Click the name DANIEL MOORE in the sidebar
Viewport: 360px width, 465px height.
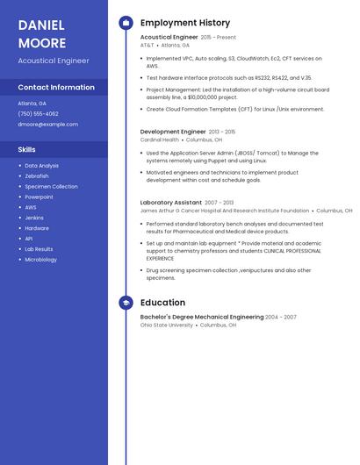click(42, 33)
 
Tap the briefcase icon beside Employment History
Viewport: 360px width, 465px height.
click(126, 23)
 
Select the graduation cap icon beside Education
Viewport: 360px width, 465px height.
click(126, 303)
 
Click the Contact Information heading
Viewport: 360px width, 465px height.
click(56, 88)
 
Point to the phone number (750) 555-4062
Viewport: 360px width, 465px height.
click(38, 114)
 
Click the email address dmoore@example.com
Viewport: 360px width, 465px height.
click(47, 125)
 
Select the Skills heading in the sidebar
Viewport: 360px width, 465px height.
click(26, 149)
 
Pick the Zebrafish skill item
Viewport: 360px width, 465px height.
click(37, 176)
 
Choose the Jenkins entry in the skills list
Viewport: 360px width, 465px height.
click(34, 218)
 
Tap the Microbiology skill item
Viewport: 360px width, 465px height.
click(40, 260)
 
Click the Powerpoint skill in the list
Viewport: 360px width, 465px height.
click(39, 197)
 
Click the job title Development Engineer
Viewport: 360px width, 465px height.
click(173, 132)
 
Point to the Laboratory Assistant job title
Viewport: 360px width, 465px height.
click(170, 203)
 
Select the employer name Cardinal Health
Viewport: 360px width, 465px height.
click(160, 139)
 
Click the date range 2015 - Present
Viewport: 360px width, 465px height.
click(219, 38)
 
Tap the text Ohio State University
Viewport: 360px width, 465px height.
click(167, 325)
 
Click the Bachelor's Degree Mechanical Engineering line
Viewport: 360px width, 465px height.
click(202, 317)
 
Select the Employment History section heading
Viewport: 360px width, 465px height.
click(185, 23)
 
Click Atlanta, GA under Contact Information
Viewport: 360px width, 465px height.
click(32, 104)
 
